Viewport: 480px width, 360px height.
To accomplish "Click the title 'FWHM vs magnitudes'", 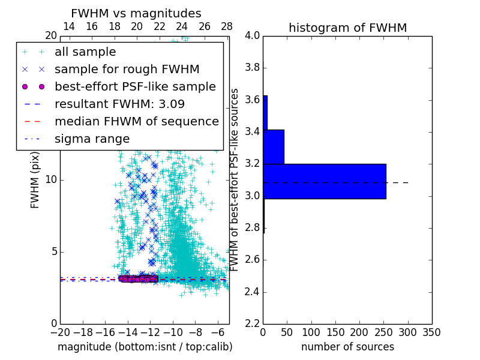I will (136, 14).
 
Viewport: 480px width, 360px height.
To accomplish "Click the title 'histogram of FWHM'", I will (347, 28).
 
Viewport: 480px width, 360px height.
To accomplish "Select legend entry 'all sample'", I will (85, 52).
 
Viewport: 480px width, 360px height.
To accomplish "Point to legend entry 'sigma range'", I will (92, 139).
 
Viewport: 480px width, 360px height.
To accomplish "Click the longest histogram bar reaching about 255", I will (325, 181).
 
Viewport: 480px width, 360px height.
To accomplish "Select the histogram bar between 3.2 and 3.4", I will (274, 146).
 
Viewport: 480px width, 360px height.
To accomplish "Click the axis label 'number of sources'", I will (347, 347).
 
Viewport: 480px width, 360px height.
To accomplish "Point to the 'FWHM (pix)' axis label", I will (35, 179).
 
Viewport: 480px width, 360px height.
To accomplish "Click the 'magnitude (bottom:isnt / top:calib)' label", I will (145, 347).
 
